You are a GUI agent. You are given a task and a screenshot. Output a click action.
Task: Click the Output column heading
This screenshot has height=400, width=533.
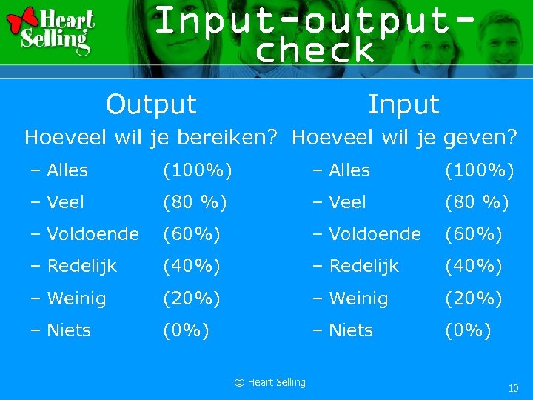pyautogui.click(x=151, y=104)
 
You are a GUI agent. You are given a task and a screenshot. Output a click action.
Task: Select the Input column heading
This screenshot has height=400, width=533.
pyautogui.click(x=403, y=104)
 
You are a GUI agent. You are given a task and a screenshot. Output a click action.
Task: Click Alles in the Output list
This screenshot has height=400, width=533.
pyautogui.click(x=67, y=170)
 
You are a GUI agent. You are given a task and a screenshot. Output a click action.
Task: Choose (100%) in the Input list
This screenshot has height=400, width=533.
pyautogui.click(x=479, y=170)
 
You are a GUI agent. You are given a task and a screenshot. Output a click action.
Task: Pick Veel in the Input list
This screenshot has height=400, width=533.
pyautogui.click(x=347, y=202)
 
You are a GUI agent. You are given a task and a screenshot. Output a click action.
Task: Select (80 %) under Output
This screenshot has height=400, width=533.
pyautogui.click(x=195, y=202)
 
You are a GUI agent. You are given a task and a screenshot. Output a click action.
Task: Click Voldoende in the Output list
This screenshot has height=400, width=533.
pyautogui.click(x=92, y=234)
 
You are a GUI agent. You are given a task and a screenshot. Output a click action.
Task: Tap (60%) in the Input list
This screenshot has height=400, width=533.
pyautogui.click(x=473, y=234)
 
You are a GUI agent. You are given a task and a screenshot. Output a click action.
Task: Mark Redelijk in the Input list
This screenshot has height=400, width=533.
pyautogui.click(x=363, y=266)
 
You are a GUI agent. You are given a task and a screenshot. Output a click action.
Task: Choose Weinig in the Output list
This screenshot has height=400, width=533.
pyautogui.click(x=76, y=299)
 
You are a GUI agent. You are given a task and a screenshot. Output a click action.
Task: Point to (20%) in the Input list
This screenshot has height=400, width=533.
pyautogui.click(x=473, y=299)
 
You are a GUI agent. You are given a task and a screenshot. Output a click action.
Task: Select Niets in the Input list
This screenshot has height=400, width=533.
pyautogui.click(x=350, y=330)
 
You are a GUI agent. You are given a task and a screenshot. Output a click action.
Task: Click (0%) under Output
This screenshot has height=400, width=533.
pyautogui.click(x=186, y=330)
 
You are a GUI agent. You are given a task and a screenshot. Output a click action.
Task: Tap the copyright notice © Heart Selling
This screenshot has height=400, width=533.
pyautogui.click(x=269, y=382)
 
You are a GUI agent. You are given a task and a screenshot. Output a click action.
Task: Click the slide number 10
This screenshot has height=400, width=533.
pyautogui.click(x=513, y=388)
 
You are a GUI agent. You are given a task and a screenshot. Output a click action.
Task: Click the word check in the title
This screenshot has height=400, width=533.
pyautogui.click(x=314, y=50)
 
